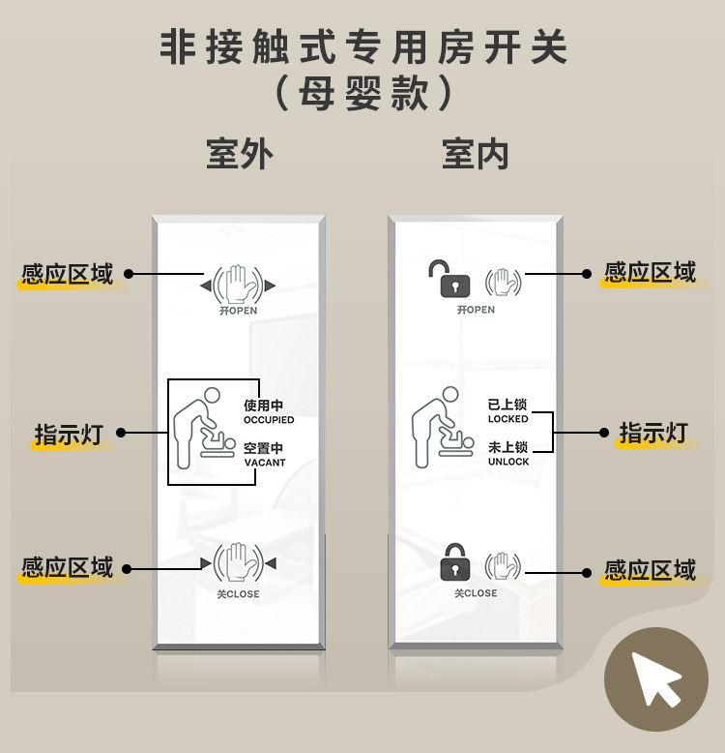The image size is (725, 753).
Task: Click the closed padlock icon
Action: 455,562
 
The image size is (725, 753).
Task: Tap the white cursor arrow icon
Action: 655,678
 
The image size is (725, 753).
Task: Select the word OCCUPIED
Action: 269,420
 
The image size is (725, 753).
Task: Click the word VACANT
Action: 265,463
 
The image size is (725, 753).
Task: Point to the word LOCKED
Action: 507,419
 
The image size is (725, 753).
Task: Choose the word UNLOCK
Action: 508,462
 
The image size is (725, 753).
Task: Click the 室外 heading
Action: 240,154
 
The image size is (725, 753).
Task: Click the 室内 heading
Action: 476,154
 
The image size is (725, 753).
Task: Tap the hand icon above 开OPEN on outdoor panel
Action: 238,285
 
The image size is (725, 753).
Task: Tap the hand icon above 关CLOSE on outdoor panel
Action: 238,563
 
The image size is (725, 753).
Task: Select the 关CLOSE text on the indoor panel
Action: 476,593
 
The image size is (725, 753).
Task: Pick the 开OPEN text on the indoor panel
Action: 476,310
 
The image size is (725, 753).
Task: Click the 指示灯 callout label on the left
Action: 69,435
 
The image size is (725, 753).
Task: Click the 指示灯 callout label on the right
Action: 653,433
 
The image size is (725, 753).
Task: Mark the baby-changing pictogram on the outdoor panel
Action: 204,428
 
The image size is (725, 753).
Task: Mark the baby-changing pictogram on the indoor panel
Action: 443,427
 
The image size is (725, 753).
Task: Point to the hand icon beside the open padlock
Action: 503,283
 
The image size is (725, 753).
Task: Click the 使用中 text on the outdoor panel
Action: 263,406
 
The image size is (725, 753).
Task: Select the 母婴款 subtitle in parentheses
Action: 362,93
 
